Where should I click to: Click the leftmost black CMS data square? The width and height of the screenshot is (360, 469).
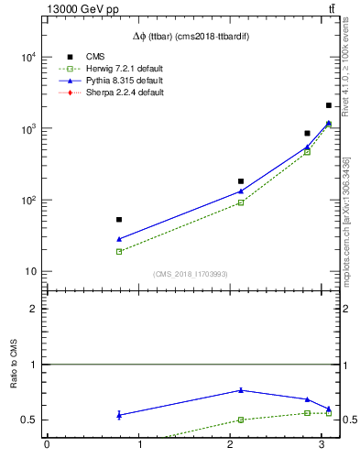coord(119,220)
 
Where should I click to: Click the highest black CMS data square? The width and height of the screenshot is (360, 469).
coord(329,106)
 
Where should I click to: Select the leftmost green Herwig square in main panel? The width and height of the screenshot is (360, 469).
coord(119,251)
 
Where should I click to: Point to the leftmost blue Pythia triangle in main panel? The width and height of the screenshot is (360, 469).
coord(119,239)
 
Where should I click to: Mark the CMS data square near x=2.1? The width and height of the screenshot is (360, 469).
coord(241,181)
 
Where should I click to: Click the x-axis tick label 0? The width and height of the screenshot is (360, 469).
coord(47,446)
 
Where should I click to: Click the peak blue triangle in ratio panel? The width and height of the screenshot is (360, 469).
coord(241,390)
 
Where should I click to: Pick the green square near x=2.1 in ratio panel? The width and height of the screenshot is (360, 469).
coord(241,420)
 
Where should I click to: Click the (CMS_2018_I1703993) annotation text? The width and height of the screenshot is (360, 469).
coord(191,275)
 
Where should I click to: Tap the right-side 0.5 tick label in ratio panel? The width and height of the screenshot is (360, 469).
coord(348,420)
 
